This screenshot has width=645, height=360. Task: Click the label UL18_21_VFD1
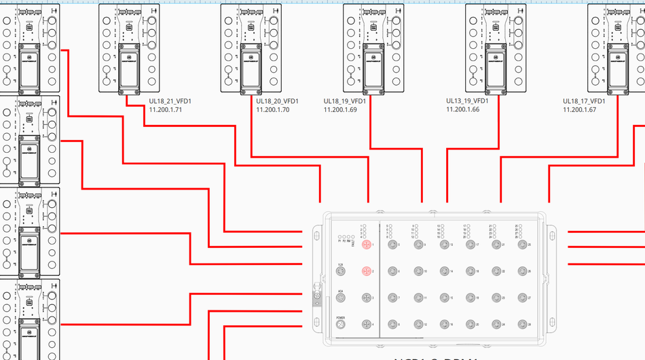click(x=170, y=101)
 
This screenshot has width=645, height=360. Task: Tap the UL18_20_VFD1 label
click(x=277, y=101)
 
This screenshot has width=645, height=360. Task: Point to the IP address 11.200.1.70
click(x=273, y=109)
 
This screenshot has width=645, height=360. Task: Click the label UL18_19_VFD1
click(x=345, y=101)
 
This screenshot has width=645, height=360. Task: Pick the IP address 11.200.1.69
click(x=341, y=109)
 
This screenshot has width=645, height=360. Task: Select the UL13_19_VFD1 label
click(x=467, y=101)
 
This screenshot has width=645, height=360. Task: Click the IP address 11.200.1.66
click(x=463, y=109)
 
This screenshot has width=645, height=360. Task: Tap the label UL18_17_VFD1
click(x=584, y=101)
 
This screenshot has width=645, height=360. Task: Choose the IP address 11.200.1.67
click(x=580, y=109)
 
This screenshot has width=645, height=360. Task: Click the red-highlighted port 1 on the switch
click(x=367, y=245)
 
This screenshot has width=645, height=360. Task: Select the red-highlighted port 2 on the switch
click(x=367, y=272)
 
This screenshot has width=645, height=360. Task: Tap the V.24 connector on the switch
click(x=341, y=272)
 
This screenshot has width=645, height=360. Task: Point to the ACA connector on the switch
click(x=341, y=298)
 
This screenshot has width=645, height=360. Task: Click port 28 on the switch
click(x=521, y=325)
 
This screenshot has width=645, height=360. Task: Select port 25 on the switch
click(x=521, y=245)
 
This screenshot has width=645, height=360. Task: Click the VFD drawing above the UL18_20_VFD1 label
click(x=251, y=48)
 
